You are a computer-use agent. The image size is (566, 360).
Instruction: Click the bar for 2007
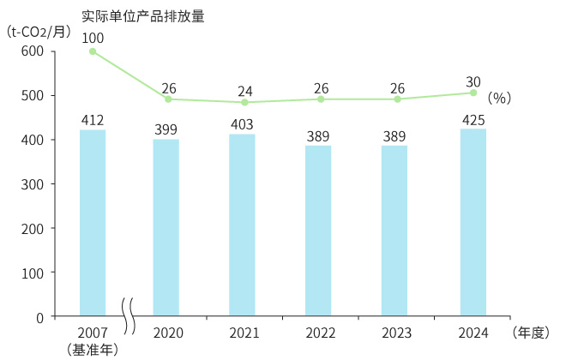[93, 223]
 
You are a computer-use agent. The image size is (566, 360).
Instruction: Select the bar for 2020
[166, 227]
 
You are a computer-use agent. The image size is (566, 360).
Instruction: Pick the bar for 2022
[318, 231]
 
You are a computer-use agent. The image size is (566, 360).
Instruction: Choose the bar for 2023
[394, 231]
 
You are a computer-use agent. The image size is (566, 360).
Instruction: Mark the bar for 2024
[473, 222]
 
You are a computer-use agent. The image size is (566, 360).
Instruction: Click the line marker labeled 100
[93, 51]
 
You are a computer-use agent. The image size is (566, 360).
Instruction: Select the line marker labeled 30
[473, 93]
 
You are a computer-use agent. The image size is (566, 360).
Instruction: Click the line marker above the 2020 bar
[168, 99]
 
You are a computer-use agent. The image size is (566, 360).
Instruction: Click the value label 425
[473, 119]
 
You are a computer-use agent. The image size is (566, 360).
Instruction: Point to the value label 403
[243, 125]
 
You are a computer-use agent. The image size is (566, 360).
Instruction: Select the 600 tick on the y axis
[32, 51]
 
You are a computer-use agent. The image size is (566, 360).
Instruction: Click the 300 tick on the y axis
[32, 184]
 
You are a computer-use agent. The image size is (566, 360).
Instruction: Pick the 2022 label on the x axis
[319, 333]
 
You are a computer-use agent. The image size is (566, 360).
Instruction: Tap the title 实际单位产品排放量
[142, 15]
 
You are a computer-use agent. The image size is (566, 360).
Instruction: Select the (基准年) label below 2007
[93, 349]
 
